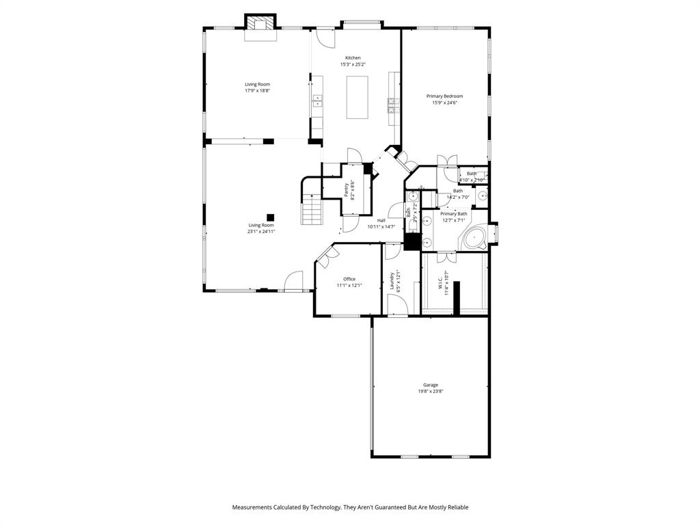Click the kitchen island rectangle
pyautogui.click(x=357, y=97)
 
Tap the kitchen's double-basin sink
pyautogui.click(x=317, y=101)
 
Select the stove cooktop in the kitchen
pyautogui.click(x=394, y=103)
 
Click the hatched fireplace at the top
pyautogui.click(x=260, y=24)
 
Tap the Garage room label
pyautogui.click(x=430, y=385)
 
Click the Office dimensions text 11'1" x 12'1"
pyautogui.click(x=349, y=286)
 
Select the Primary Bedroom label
pyautogui.click(x=444, y=96)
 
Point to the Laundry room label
pyautogui.click(x=392, y=280)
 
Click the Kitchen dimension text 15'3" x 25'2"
pyautogui.click(x=353, y=64)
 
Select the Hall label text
pyautogui.click(x=381, y=220)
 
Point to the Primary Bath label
pyautogui.click(x=453, y=213)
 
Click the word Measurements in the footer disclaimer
pyautogui.click(x=255, y=507)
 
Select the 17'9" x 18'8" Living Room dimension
pyautogui.click(x=258, y=90)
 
